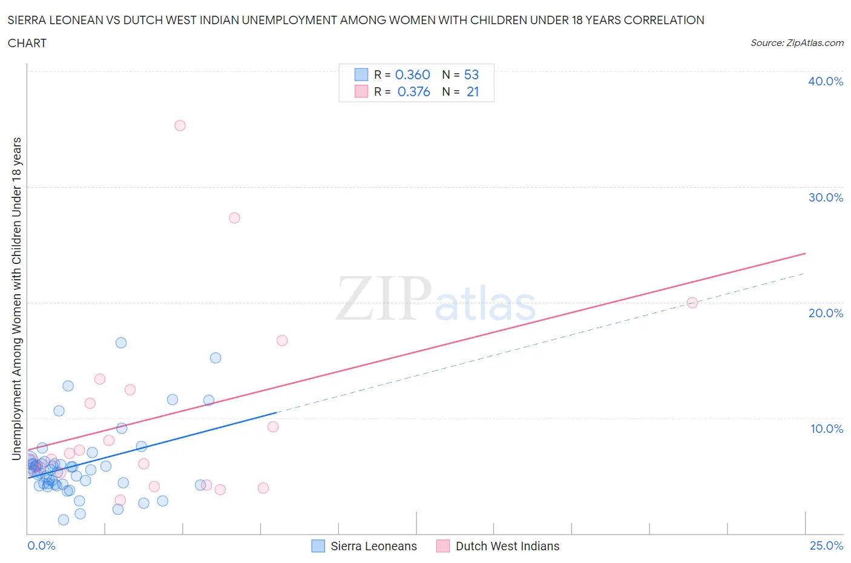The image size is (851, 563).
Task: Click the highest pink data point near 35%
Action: pyautogui.click(x=180, y=126)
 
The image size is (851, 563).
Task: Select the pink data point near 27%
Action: pyautogui.click(x=234, y=218)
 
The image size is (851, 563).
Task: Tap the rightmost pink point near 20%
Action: pyautogui.click(x=692, y=303)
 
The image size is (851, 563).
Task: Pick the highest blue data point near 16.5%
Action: pyautogui.click(x=121, y=343)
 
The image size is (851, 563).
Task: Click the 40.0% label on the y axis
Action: pyautogui.click(x=825, y=81)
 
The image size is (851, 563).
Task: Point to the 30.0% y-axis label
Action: pyautogui.click(x=825, y=197)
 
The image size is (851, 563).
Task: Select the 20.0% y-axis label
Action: pyautogui.click(x=825, y=313)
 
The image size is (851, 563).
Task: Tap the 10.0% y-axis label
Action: pyautogui.click(x=826, y=429)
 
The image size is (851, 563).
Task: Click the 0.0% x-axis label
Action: pyautogui.click(x=41, y=545)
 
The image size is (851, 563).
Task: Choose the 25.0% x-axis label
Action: pyautogui.click(x=826, y=545)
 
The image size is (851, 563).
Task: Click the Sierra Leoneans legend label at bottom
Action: pyautogui.click(x=373, y=546)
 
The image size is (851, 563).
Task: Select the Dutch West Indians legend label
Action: pyautogui.click(x=507, y=546)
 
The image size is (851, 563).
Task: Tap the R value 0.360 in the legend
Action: pyautogui.click(x=412, y=74)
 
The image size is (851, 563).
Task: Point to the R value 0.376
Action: pyautogui.click(x=413, y=91)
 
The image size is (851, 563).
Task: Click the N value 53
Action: pyautogui.click(x=471, y=74)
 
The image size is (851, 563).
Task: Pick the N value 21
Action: pyautogui.click(x=472, y=91)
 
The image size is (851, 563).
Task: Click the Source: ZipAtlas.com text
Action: pyautogui.click(x=797, y=42)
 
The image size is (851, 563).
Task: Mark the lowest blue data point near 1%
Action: pyautogui.click(x=64, y=520)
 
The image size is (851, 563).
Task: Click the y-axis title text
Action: pyautogui.click(x=16, y=298)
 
